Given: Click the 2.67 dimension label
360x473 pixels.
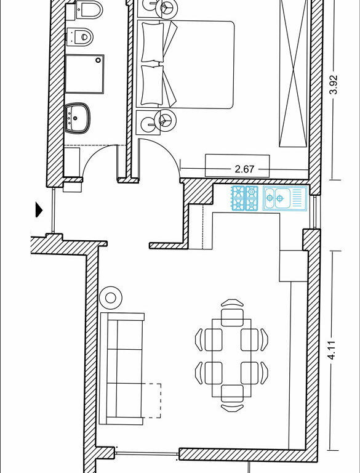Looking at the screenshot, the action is click(244, 169).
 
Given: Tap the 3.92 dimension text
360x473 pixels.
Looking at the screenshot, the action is click(334, 85).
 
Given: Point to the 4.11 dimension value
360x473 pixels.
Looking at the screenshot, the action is click(331, 350).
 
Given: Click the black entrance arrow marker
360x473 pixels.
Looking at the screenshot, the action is click(39, 209).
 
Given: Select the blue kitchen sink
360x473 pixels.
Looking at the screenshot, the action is click(285, 198).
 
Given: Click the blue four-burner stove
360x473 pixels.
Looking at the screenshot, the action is click(245, 198).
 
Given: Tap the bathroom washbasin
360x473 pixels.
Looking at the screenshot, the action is click(78, 118).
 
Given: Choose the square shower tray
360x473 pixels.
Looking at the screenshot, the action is click(84, 74).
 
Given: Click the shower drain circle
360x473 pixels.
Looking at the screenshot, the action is click(98, 60).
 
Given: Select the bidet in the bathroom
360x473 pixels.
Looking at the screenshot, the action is click(80, 36).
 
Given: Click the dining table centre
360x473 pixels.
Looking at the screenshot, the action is click(231, 358).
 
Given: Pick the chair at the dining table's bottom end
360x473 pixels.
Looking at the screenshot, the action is click(232, 398).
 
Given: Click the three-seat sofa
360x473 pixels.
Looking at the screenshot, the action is click(122, 368).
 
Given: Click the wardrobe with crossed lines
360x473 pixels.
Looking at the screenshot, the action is click(294, 73).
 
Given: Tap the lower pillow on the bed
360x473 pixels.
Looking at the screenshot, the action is click(153, 86).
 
